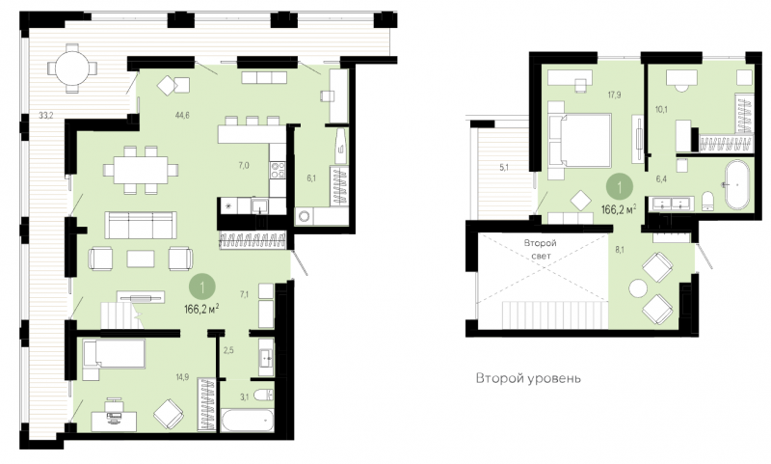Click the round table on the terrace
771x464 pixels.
[x=72, y=68]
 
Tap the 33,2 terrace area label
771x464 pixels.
[x=46, y=116]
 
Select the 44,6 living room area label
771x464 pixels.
[x=182, y=116]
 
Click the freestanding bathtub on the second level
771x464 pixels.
[x=737, y=184]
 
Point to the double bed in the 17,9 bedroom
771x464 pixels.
[x=580, y=140]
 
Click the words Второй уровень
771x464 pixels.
[x=528, y=378]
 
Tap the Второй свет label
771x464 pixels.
[x=540, y=250]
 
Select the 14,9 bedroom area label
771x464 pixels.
[x=182, y=377]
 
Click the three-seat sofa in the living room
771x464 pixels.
[x=141, y=226]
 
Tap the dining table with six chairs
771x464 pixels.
[x=141, y=170]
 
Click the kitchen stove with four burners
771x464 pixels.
[x=278, y=170]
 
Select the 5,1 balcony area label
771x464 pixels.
[x=504, y=167]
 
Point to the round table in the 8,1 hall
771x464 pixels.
[x=638, y=288]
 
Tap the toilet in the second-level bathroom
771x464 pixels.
[x=708, y=201]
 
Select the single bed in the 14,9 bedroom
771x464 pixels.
[x=114, y=354]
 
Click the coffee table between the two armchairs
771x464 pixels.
[x=141, y=259]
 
